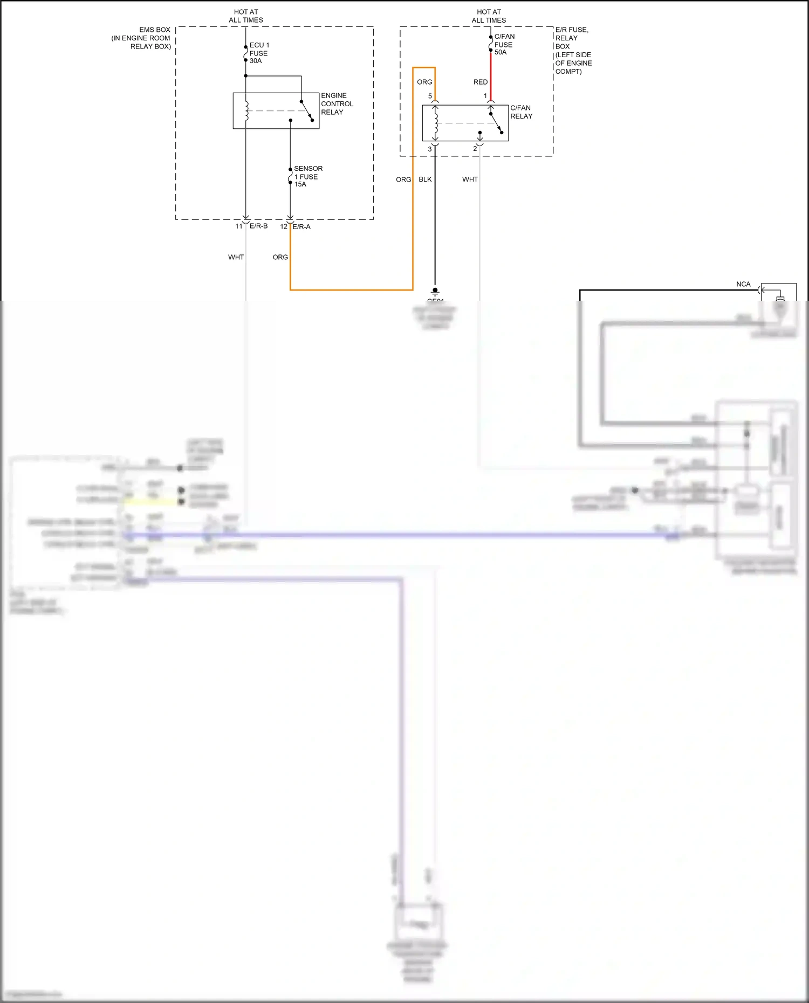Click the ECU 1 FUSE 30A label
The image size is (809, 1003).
click(x=259, y=53)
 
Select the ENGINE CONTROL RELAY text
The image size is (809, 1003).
click(x=337, y=103)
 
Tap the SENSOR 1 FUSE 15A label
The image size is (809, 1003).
click(x=307, y=176)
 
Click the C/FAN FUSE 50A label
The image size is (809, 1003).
click(x=504, y=44)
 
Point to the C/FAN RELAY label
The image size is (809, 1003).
click(x=521, y=112)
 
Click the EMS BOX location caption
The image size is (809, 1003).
click(x=142, y=38)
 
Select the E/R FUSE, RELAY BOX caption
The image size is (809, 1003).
click(x=573, y=50)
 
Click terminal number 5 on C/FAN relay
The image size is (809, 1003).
click(x=430, y=96)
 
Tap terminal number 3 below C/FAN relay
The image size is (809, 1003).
click(x=430, y=149)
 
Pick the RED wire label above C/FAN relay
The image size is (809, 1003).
click(x=480, y=82)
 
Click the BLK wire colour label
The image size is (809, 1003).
click(x=425, y=179)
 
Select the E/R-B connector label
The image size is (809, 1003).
click(x=258, y=226)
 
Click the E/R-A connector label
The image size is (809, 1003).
click(x=301, y=226)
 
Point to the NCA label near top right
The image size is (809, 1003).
click(x=743, y=284)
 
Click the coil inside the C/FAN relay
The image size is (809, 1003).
click(x=435, y=123)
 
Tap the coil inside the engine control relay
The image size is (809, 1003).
click(x=246, y=110)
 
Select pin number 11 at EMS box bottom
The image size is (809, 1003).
click(x=238, y=226)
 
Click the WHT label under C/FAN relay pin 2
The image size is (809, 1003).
click(x=469, y=179)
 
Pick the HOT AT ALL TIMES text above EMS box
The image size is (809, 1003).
click(x=246, y=16)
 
